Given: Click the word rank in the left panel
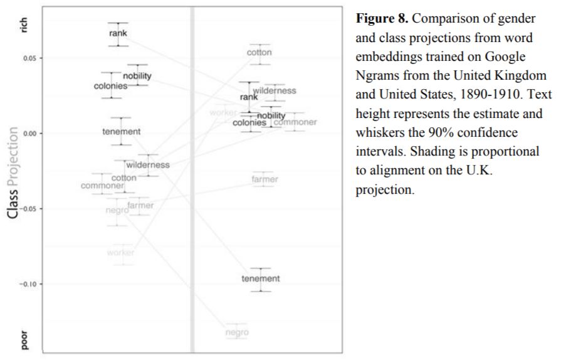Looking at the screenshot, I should [118, 33].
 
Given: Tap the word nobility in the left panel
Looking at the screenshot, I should [137, 76].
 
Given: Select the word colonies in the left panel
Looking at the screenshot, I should [111, 86].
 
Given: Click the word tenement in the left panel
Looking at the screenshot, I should [121, 132].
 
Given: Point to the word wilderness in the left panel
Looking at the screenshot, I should [148, 165].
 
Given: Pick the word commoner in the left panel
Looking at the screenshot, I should [102, 185].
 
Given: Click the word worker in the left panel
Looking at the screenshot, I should [120, 252].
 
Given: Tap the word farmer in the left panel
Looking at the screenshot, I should [140, 205].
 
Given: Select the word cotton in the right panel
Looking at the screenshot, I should [259, 52].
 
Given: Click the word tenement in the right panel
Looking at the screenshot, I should [261, 278].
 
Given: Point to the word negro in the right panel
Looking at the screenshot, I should [236, 332].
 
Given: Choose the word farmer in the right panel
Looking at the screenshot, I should [265, 179].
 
